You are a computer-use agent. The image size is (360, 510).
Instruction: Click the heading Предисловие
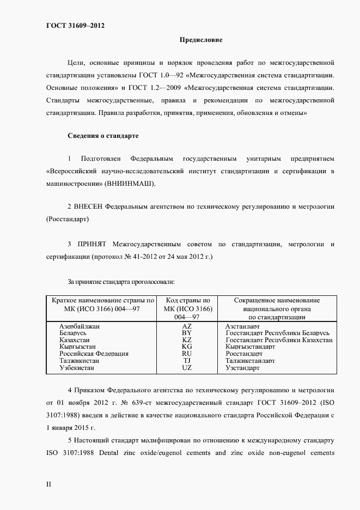click(x=200, y=40)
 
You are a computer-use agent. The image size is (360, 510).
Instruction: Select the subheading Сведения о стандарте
click(x=103, y=135)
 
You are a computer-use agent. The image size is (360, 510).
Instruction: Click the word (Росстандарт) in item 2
click(x=68, y=219)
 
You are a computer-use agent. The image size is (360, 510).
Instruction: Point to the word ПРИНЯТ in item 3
click(x=96, y=243)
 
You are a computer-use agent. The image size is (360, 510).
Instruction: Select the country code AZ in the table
click(x=187, y=326)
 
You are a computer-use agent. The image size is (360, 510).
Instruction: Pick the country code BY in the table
click(x=187, y=333)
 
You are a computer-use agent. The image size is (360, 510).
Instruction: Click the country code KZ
click(x=187, y=340)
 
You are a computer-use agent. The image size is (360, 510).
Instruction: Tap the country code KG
click(x=187, y=347)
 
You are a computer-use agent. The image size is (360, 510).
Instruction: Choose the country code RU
click(x=187, y=354)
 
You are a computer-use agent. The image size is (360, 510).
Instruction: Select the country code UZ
click(x=187, y=368)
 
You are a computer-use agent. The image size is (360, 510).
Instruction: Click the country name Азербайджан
click(x=83, y=326)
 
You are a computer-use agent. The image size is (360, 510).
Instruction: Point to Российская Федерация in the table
click(x=94, y=354)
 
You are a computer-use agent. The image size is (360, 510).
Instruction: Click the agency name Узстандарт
click(x=242, y=368)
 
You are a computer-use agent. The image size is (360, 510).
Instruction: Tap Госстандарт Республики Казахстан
click(x=279, y=340)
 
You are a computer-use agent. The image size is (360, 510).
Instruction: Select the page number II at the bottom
click(x=48, y=484)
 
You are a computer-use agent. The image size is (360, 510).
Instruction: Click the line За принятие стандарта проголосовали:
click(x=120, y=282)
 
